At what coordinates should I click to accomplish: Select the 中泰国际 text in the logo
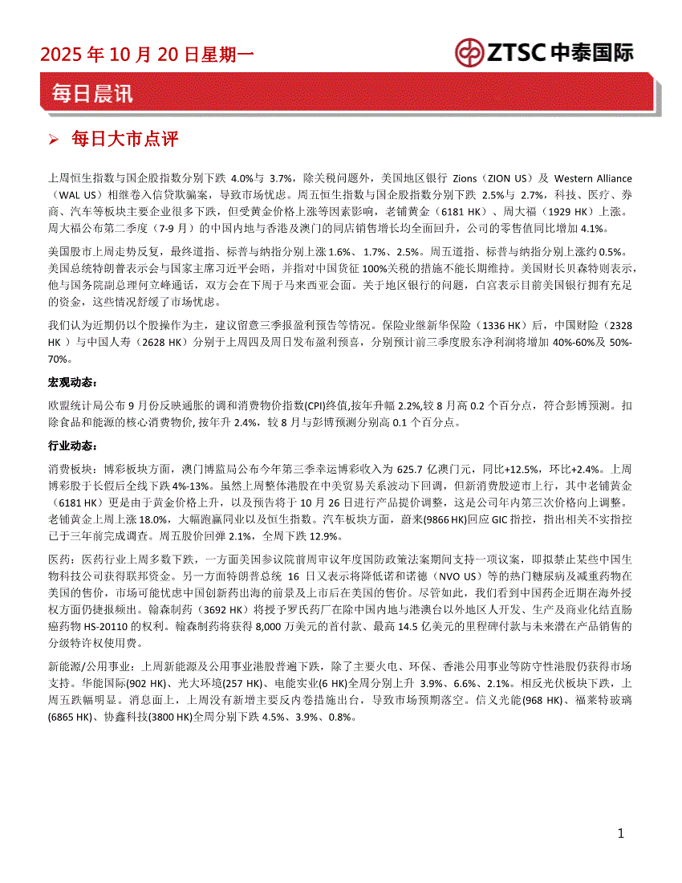[x=592, y=53]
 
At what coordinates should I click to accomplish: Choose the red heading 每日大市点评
[x=124, y=140]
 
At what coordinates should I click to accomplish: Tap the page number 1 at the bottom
[x=620, y=834]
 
